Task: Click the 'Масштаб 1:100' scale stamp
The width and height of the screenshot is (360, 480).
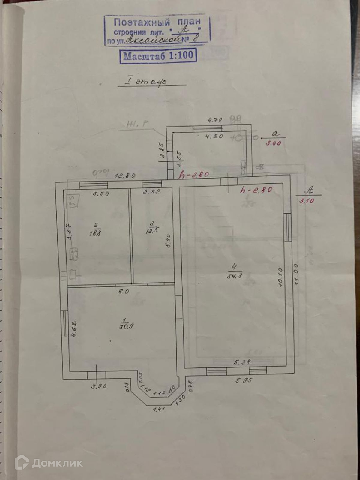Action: (158, 56)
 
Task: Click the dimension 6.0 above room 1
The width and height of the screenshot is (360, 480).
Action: (124, 291)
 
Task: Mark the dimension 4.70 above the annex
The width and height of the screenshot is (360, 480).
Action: (215, 120)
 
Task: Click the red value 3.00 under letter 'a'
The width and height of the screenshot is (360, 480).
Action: (274, 143)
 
